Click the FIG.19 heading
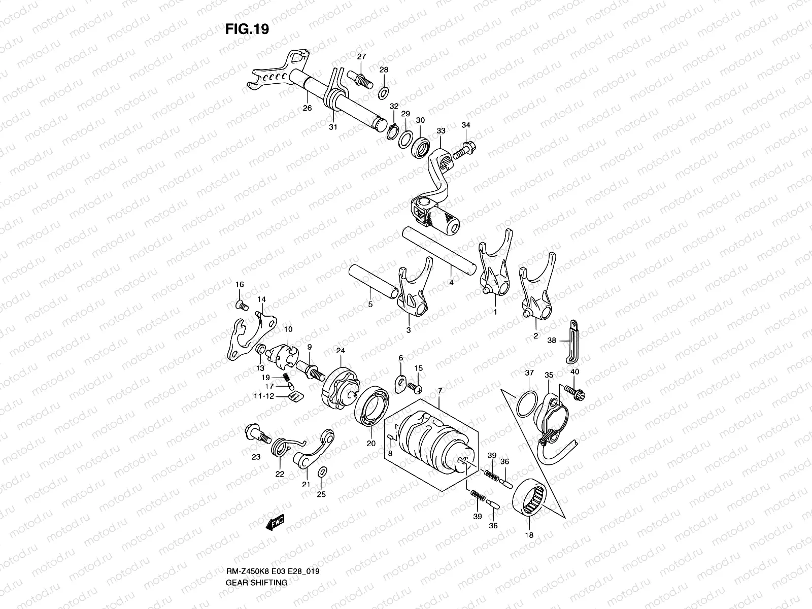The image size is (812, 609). [x=247, y=29]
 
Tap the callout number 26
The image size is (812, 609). [x=307, y=108]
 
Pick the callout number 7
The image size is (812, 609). [x=439, y=390]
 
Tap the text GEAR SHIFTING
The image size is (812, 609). [x=256, y=540]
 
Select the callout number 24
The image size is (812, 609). [x=340, y=351]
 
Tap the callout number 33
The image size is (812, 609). [x=441, y=131]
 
